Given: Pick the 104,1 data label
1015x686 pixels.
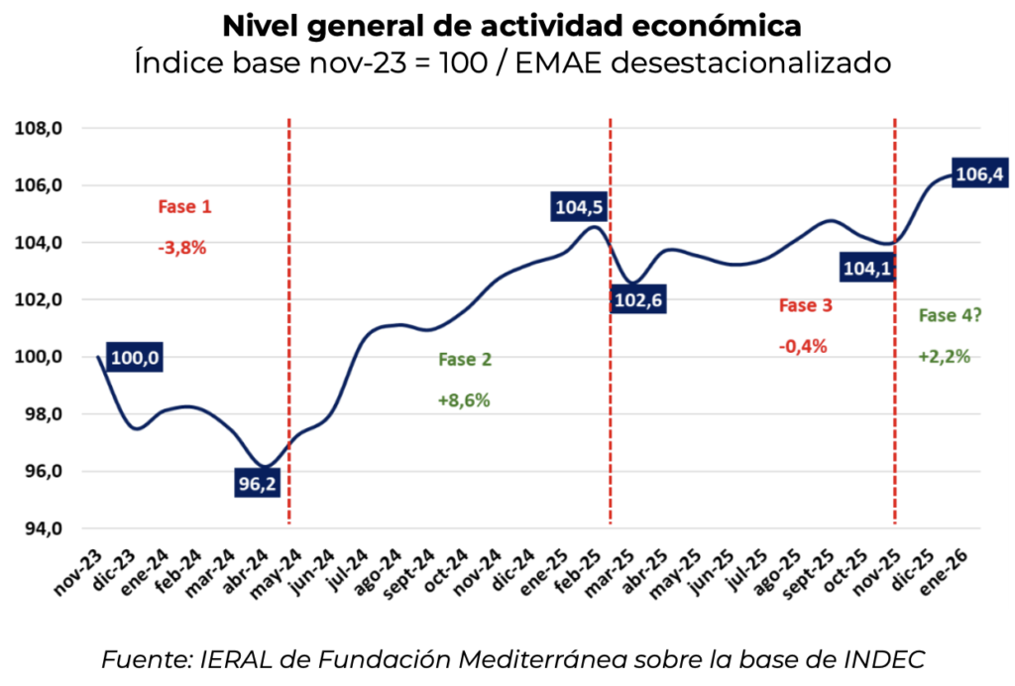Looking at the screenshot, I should tap(866, 268).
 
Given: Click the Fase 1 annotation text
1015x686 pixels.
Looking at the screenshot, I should tap(184, 207).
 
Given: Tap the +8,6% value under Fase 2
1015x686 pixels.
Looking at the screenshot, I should tap(464, 400).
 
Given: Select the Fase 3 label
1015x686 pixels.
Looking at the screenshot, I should tap(805, 305).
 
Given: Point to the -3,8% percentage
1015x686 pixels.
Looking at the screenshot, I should tap(181, 248).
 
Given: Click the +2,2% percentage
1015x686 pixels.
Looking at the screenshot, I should tap(944, 356).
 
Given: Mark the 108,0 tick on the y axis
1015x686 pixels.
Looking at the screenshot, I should tap(45, 128).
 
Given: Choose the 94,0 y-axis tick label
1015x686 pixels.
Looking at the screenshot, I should tap(45, 528).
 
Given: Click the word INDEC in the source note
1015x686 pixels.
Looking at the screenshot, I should tap(890, 659).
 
